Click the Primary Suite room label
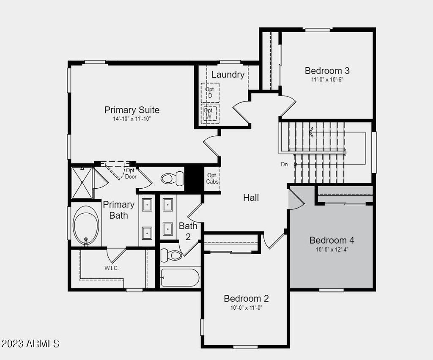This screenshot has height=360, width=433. coord(132,110)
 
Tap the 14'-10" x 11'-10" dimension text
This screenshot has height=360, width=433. coord(132,119)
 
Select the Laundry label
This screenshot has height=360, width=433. coord(228,74)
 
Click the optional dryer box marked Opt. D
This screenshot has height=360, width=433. coord(210,93)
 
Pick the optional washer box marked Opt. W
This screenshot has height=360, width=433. coord(210,113)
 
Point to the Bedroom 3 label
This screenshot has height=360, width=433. coord(327,71)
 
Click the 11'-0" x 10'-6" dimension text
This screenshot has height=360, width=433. coord(327,80)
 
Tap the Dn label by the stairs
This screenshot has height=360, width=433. coord(284,165)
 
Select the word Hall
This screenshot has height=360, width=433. coord(251,198)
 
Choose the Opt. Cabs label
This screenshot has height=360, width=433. coord(212,179)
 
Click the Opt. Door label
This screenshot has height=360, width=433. coord(131,173)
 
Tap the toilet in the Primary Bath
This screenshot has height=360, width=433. coord(172,178)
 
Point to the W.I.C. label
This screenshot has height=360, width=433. coord(112,268)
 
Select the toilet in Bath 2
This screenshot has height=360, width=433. coord(171,255)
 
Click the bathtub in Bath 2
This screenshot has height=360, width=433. coord(180,278)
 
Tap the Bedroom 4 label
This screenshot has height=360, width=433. coord(332,240)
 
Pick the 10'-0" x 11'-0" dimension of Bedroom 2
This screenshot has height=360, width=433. coord(246,308)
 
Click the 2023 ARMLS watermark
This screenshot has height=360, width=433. coord(30,344)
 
